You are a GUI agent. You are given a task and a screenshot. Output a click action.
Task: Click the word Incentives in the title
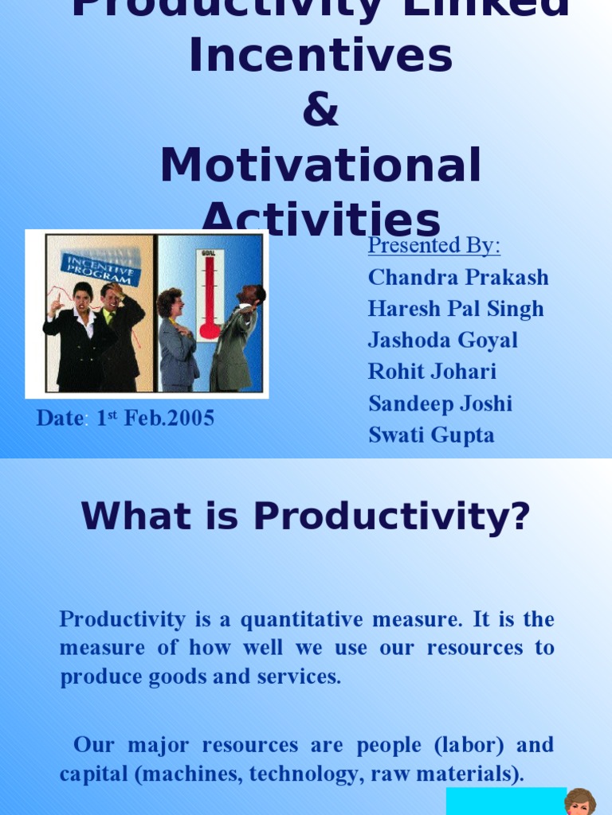click(320, 57)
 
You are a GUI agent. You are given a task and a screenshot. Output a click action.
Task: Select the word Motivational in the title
click(320, 166)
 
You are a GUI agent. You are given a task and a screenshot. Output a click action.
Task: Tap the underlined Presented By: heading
click(434, 245)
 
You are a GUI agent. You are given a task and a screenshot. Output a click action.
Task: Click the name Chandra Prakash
click(458, 277)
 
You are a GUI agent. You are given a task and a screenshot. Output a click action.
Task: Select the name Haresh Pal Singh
click(456, 309)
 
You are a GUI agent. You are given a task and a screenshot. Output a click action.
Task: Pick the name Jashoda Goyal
click(443, 340)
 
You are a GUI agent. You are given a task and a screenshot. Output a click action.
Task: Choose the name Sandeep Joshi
click(440, 404)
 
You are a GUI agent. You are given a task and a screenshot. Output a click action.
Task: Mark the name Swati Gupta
click(431, 435)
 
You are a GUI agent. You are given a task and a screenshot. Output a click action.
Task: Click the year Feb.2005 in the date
click(168, 419)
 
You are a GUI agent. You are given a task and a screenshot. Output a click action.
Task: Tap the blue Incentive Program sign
click(102, 268)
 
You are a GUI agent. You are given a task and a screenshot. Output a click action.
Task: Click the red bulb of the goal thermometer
click(210, 330)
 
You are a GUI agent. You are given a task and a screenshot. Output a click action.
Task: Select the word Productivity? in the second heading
click(392, 517)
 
